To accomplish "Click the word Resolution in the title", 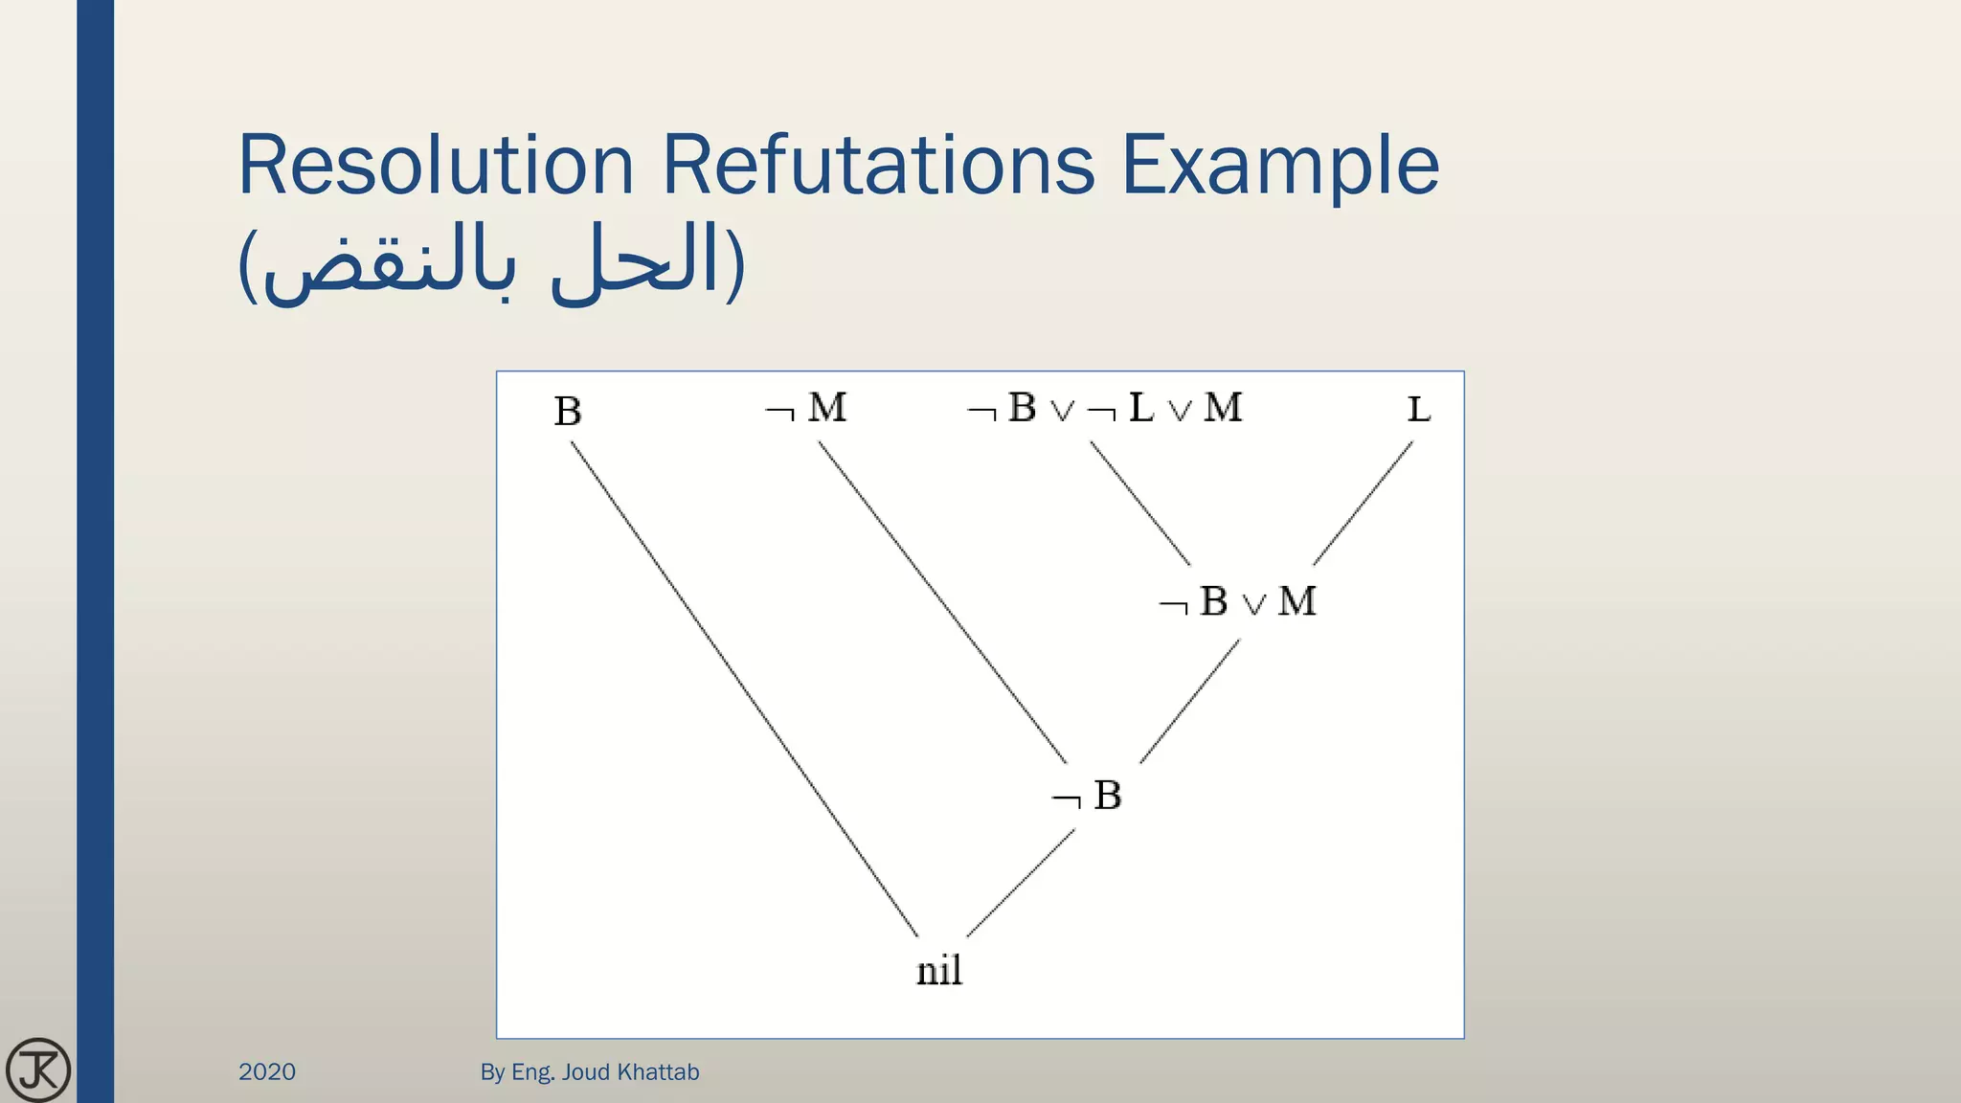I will pyautogui.click(x=436, y=165).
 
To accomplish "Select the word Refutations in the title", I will pyautogui.click(x=877, y=165).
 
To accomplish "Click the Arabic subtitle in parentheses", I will pyautogui.click(x=490, y=262).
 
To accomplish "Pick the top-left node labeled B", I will pyautogui.click(x=568, y=412).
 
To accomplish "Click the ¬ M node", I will pyautogui.click(x=807, y=409).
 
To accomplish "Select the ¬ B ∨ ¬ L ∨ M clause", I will pyautogui.click(x=1105, y=409).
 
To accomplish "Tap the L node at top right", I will pyautogui.click(x=1418, y=410).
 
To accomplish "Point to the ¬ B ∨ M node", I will pyautogui.click(x=1238, y=602).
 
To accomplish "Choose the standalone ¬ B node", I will pyautogui.click(x=1087, y=796).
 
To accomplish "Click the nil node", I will pyautogui.click(x=938, y=971).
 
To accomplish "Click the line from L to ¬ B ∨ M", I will pyautogui.click(x=1363, y=504).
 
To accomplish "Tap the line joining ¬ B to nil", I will pyautogui.click(x=1021, y=883).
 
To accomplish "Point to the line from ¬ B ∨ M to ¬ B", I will pyautogui.click(x=1189, y=702).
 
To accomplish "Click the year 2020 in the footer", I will pyautogui.click(x=267, y=1071).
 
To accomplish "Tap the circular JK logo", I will pyautogui.click(x=38, y=1069).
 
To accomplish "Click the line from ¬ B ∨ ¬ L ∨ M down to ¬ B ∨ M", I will pyautogui.click(x=1140, y=504).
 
